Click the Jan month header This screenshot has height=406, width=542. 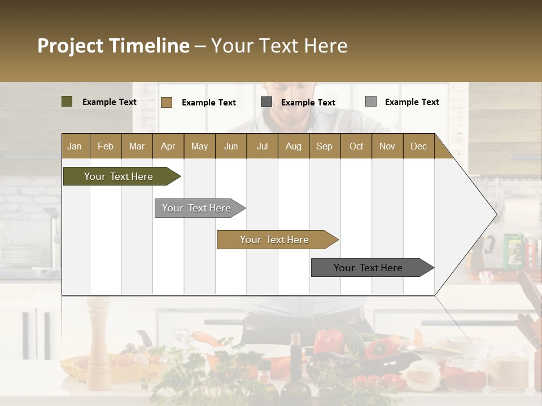click(75, 146)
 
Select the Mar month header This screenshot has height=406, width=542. click(137, 146)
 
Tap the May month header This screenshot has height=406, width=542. click(199, 146)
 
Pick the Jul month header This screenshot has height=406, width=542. click(262, 146)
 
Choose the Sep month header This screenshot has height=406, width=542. click(324, 146)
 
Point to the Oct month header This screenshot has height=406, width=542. click(356, 146)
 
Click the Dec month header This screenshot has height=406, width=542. click(418, 146)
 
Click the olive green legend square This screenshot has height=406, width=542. click(67, 101)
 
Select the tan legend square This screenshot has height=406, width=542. click(167, 102)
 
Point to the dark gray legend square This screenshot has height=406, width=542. click(266, 102)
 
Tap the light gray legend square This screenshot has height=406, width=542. click(371, 101)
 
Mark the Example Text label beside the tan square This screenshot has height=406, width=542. click(209, 103)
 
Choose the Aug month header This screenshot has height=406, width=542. click(293, 146)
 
